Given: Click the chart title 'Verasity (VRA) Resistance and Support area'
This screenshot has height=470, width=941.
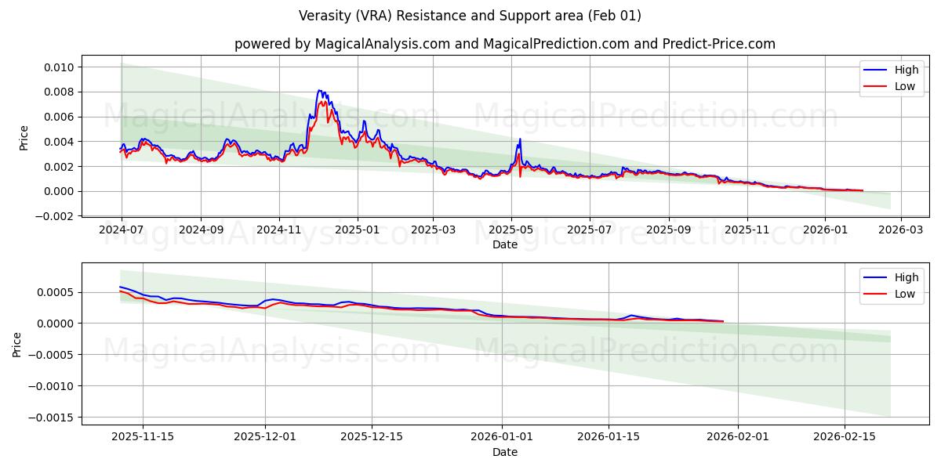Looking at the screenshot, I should click(x=470, y=16).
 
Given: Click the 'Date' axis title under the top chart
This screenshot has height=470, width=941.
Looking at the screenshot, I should click(x=504, y=244).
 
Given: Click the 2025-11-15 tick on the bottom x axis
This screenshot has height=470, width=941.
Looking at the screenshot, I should click(x=143, y=436).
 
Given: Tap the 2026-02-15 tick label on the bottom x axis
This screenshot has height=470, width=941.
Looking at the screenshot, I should click(x=845, y=436).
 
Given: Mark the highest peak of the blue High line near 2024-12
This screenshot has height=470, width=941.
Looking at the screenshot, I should click(x=319, y=90).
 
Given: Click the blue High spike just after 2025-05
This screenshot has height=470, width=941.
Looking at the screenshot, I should click(x=519, y=139).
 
